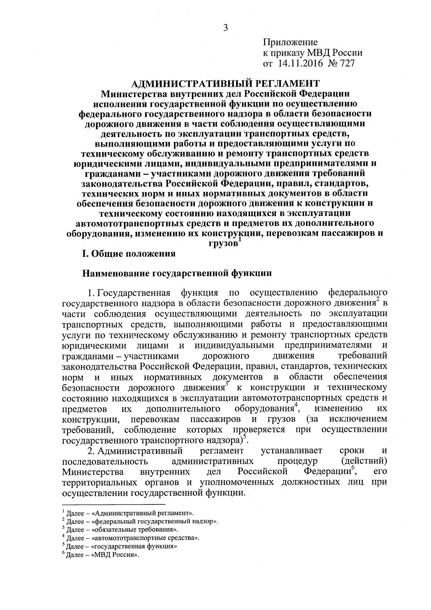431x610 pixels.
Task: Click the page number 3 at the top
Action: click(225, 28)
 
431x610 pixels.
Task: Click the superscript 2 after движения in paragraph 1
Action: click(378, 300)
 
